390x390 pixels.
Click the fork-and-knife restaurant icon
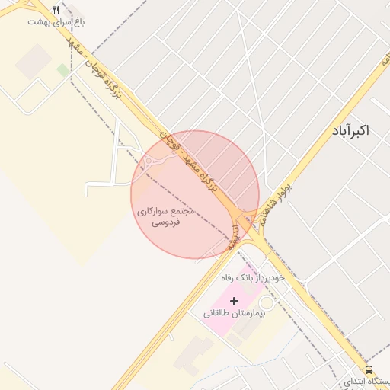pyautogui.click(x=56, y=10)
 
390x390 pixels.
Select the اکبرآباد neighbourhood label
pyautogui.click(x=350, y=131)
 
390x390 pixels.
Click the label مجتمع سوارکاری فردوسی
pyautogui.click(x=166, y=216)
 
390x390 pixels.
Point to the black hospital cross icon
pyautogui.click(x=233, y=302)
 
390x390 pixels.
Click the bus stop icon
pyautogui.click(x=369, y=370)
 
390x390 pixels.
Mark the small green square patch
pyautogui.click(x=62, y=70)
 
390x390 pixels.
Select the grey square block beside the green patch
pyautogui.click(x=34, y=61)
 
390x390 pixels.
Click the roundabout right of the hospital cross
pyautogui.click(x=265, y=302)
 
